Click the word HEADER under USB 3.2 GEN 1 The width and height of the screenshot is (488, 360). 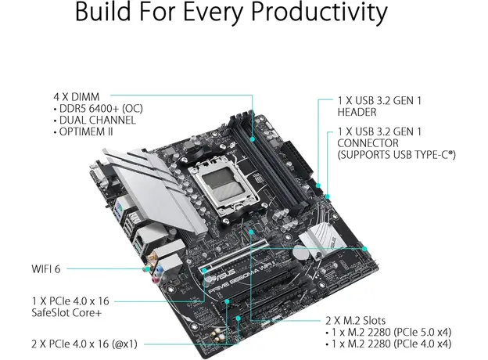pos(357,113)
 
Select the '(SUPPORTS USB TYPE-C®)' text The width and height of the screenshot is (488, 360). pos(397,156)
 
